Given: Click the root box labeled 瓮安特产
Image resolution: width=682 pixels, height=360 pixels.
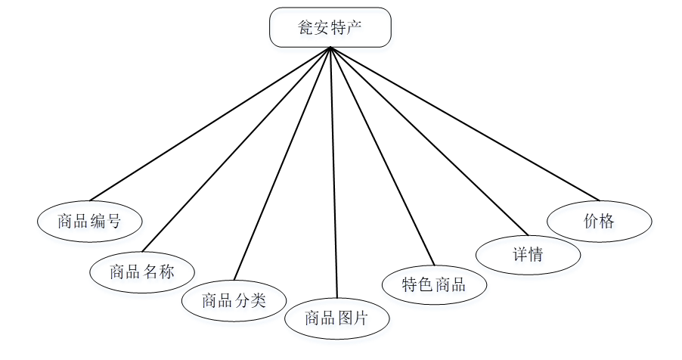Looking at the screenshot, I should click(x=330, y=27).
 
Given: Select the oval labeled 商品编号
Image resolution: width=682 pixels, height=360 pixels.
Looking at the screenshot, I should click(x=89, y=221).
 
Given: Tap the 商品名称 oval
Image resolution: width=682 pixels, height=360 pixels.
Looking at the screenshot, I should click(x=142, y=272).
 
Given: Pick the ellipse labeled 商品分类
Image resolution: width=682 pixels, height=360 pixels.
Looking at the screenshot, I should click(x=234, y=300).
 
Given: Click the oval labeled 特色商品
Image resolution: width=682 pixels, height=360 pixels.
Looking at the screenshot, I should click(x=434, y=284).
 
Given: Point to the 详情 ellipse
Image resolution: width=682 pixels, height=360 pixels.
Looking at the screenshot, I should click(x=528, y=254).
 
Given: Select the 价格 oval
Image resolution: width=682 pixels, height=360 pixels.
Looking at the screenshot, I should click(x=600, y=221).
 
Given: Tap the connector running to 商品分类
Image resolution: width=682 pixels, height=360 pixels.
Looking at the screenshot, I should click(x=283, y=163).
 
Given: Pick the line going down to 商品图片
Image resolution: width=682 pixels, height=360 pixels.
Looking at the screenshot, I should click(x=333, y=174).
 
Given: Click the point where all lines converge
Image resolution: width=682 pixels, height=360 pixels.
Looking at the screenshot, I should click(x=330, y=48).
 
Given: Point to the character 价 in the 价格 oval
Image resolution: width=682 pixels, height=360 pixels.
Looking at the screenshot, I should click(x=591, y=221).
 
